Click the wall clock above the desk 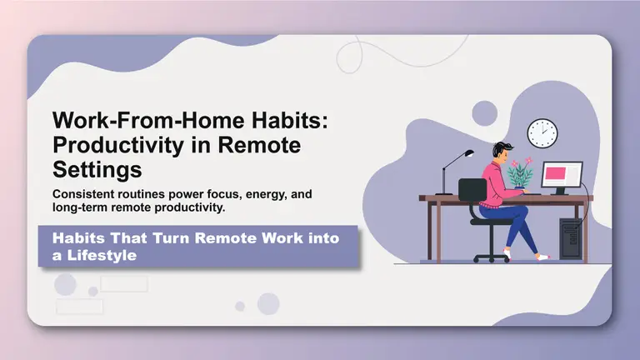pos(542,133)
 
